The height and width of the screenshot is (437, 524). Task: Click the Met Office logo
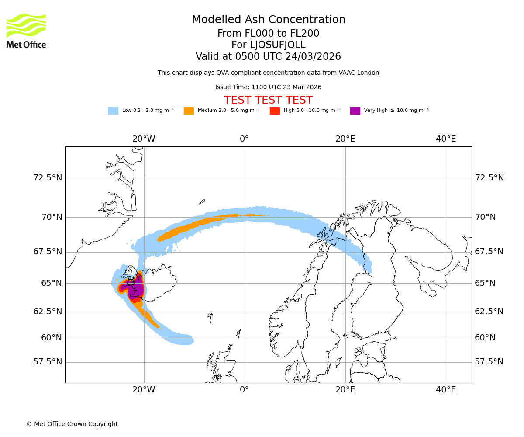pos(26,31)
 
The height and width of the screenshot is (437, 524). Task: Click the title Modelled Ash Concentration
pos(269,20)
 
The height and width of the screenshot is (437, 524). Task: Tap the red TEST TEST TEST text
pos(269,100)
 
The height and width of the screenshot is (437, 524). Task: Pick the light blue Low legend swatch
pos(113,111)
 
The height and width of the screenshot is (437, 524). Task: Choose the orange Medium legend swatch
pos(189,111)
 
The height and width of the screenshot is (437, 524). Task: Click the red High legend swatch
pos(275,111)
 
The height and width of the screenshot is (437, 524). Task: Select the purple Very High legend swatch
pos(355,111)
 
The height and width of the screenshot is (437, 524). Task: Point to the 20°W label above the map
pos(144,139)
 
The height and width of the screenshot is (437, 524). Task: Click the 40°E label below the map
pos(446,390)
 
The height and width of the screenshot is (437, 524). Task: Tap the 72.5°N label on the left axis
pos(48,178)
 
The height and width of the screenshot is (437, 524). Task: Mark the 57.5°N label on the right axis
pos(489,362)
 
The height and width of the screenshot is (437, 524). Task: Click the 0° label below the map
pos(245,390)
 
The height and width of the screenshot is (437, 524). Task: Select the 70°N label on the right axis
pos(485,217)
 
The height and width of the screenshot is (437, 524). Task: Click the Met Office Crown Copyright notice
pos(72,424)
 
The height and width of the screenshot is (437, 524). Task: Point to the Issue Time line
pos(269,87)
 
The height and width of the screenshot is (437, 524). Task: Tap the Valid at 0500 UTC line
pos(269,57)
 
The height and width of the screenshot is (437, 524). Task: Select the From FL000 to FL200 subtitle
pos(269,34)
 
